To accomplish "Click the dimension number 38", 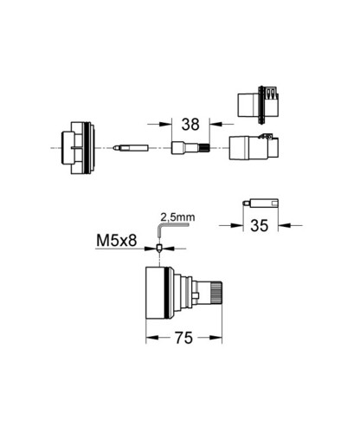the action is coord(190,125).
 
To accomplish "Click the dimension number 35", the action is coord(260,225).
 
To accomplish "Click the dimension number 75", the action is coord(183,338).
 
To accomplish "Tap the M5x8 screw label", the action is coord(117,241).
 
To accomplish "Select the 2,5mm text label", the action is coord(177,217).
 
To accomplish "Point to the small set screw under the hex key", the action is coord(158,248).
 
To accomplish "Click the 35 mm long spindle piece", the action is coord(260,203).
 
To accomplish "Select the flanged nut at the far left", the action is coord(78,148).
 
